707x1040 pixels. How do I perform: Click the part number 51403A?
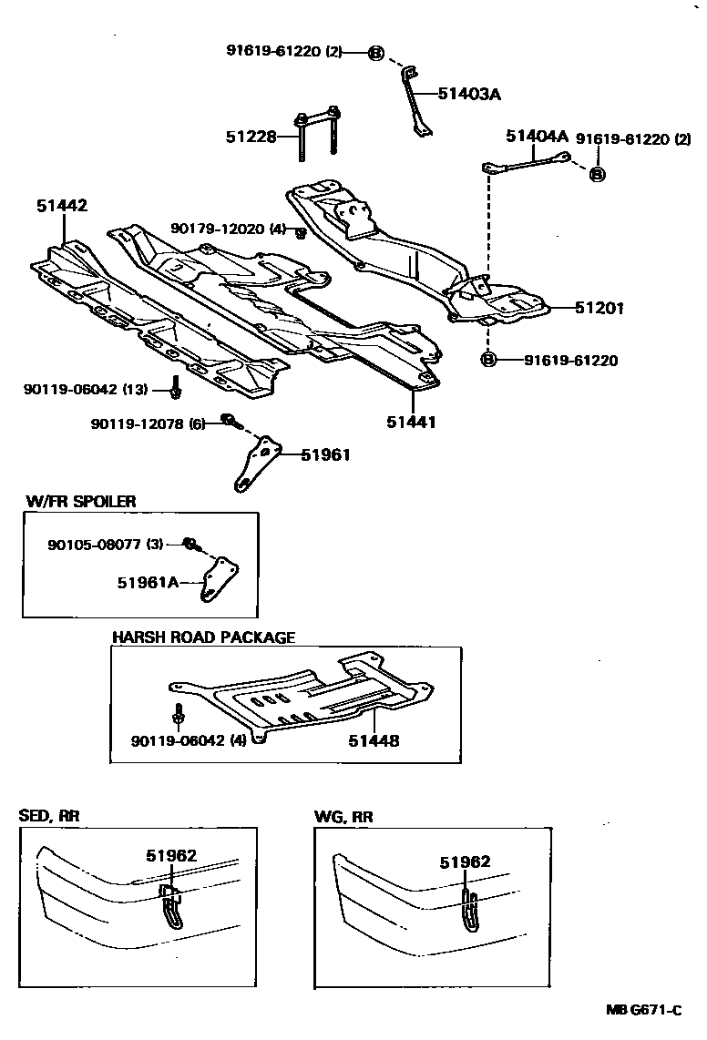click(x=470, y=94)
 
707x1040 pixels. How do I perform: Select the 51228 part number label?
click(x=251, y=138)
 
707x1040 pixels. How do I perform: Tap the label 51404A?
click(x=537, y=137)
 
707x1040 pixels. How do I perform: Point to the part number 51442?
click(x=62, y=207)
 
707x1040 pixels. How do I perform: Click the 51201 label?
click(x=599, y=308)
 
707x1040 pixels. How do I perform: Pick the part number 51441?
click(x=410, y=422)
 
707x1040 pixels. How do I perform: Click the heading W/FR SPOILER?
click(x=80, y=501)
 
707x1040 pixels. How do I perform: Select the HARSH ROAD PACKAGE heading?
click(x=203, y=637)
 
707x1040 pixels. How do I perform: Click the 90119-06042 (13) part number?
click(x=84, y=390)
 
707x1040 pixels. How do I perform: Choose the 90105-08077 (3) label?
click(x=105, y=545)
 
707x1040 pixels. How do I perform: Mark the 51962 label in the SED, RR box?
click(x=171, y=856)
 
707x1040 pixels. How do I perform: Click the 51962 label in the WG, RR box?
click(x=465, y=862)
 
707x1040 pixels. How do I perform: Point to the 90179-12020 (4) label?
click(x=228, y=229)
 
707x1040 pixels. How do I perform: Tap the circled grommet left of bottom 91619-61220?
click(x=488, y=361)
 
